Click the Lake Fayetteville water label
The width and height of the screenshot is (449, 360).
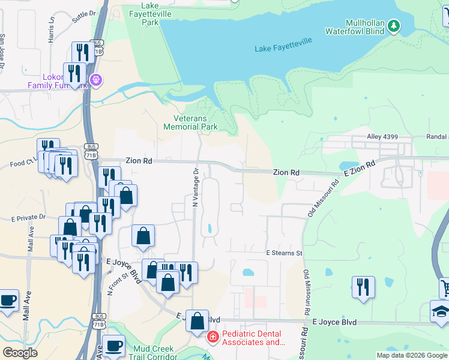click(x=283, y=49)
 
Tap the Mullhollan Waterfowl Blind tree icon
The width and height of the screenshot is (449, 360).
click(x=393, y=26)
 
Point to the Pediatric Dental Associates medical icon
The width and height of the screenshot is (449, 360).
click(x=212, y=338)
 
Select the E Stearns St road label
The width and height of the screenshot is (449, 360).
click(x=285, y=253)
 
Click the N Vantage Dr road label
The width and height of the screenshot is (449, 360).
click(x=195, y=188)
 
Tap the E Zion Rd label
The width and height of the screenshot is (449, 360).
click(x=360, y=167)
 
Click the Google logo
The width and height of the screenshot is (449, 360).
click(x=20, y=353)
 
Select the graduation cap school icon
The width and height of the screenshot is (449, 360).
click(x=441, y=311)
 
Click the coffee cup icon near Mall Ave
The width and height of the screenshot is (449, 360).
click(x=8, y=301)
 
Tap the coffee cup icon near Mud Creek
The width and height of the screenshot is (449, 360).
click(x=113, y=346)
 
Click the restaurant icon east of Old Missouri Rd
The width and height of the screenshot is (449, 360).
click(x=363, y=287)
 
